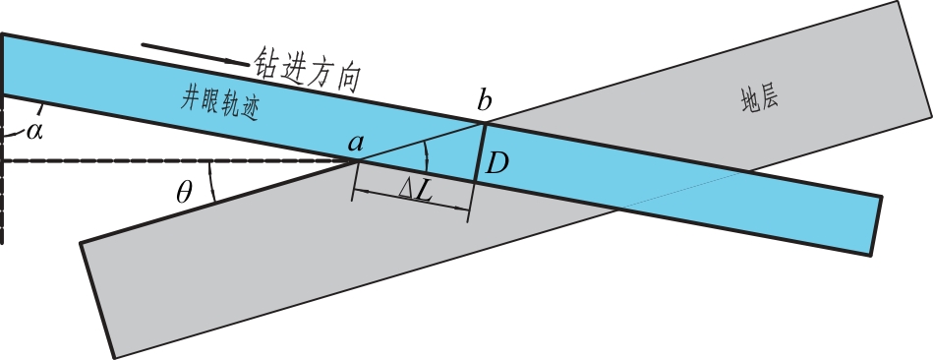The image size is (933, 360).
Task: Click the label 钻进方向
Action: tap(308, 70)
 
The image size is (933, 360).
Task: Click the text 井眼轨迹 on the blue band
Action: tap(220, 105)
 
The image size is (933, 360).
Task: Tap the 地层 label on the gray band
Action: tap(760, 98)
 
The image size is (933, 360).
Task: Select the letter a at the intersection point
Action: tap(355, 143)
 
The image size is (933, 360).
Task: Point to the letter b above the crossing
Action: tap(485, 100)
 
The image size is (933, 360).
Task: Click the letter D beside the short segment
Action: tap(496, 162)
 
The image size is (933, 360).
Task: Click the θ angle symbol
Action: tap(185, 193)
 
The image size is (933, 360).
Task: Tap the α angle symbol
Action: tap(34, 130)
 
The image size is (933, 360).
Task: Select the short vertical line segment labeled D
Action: tap(480, 151)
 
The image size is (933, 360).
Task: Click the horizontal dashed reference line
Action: tap(180, 160)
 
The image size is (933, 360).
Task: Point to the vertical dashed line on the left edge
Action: tap(2, 169)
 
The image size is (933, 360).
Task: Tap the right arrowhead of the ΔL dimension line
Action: tap(461, 208)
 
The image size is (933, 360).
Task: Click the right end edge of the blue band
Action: tap(877, 225)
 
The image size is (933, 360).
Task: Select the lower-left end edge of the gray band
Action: tap(97, 301)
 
